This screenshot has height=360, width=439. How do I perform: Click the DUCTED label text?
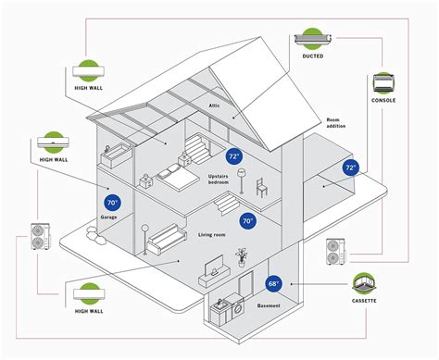pyautogui.click(x=312, y=56)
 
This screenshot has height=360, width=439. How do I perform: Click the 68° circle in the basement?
pyautogui.click(x=274, y=283)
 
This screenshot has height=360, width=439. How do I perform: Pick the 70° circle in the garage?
pyautogui.click(x=112, y=202)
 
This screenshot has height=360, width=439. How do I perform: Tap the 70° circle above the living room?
pyautogui.click(x=247, y=221)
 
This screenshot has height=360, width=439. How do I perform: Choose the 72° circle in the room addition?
pyautogui.click(x=351, y=168)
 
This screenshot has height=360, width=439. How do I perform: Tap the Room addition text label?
pyautogui.click(x=339, y=124)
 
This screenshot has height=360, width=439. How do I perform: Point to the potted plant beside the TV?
pyautogui.click(x=242, y=255)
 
